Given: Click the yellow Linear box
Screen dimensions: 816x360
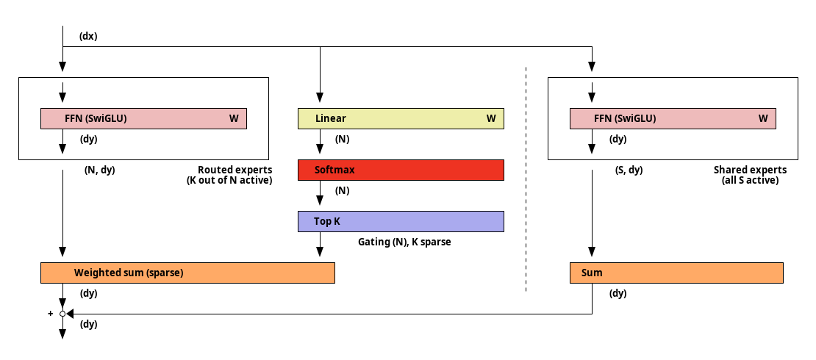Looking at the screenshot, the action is click(x=401, y=118).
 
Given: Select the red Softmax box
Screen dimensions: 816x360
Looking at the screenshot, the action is click(x=401, y=170).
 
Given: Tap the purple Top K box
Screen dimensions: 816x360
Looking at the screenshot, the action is click(x=401, y=221).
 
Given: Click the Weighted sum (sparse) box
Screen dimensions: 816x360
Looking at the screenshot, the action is click(x=187, y=273).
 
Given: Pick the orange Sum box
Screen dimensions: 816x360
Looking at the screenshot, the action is click(x=676, y=273).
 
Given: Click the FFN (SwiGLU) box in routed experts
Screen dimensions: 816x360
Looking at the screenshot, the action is click(x=143, y=118).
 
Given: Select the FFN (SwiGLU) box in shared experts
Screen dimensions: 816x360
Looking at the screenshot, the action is click(x=673, y=118).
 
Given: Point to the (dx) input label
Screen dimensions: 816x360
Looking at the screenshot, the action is click(x=88, y=37).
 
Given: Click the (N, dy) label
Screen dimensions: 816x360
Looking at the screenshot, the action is click(x=99, y=170).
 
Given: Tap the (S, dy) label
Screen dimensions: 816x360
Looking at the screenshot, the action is click(x=629, y=170).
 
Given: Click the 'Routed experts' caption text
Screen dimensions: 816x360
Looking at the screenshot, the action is click(x=235, y=170).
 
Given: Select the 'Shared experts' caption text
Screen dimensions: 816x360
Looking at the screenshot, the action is click(x=750, y=170).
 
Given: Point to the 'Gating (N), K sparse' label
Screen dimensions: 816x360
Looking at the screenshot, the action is click(x=404, y=242).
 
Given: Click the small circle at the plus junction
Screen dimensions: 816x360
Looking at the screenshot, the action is click(x=62, y=314).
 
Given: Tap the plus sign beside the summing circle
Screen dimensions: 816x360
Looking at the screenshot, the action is click(x=51, y=314).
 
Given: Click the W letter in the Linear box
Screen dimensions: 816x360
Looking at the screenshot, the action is click(x=491, y=118).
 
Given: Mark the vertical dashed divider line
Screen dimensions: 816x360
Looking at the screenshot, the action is click(x=526, y=179).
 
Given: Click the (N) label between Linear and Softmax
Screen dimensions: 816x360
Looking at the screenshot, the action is click(x=342, y=140).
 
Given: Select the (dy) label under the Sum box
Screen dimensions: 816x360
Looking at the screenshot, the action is click(x=618, y=293).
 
